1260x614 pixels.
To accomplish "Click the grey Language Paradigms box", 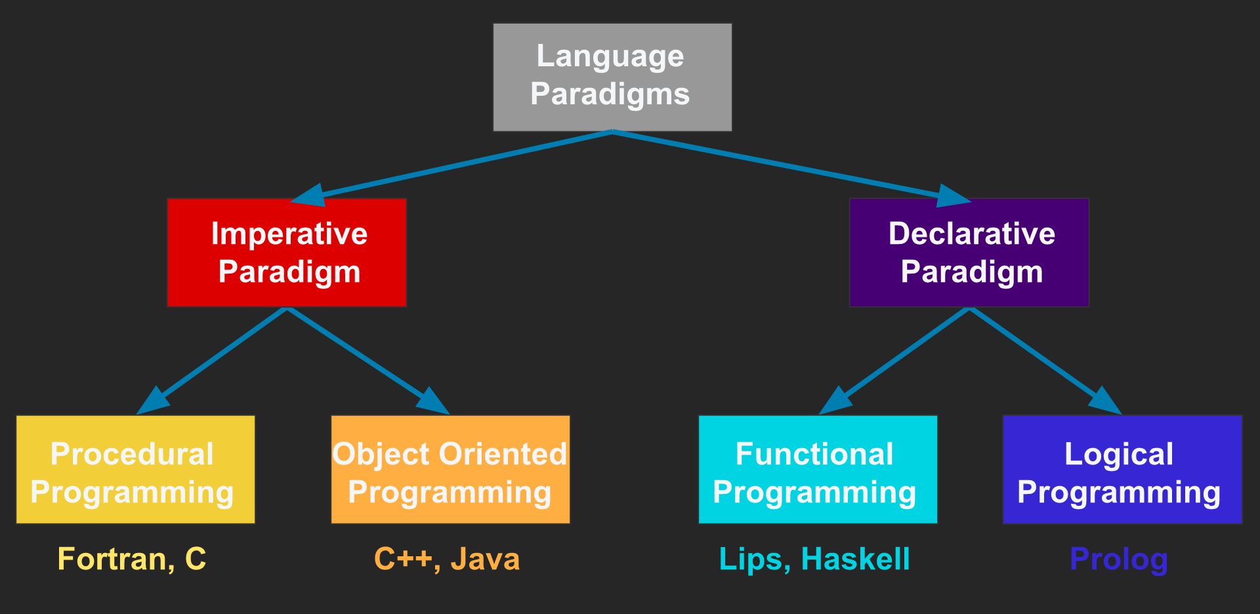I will coord(612,77).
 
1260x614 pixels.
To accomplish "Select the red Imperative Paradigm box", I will coord(287,253).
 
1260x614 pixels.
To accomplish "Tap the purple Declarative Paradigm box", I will coord(969,253).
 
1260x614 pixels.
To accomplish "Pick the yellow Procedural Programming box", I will coord(135,470).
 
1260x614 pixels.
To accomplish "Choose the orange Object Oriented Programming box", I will coord(450,470).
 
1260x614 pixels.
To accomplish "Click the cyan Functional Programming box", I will coord(818,470).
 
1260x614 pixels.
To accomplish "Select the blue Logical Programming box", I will coord(1122,470).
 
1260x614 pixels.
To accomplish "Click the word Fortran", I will coord(115,560).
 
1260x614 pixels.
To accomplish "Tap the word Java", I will coord(486,560).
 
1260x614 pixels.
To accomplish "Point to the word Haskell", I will coord(856,560).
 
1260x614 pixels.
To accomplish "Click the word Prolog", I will coord(1119,560).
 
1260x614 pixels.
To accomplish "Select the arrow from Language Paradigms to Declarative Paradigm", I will coord(787,165).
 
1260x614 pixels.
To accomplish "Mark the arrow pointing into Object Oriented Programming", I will coord(367,360).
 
